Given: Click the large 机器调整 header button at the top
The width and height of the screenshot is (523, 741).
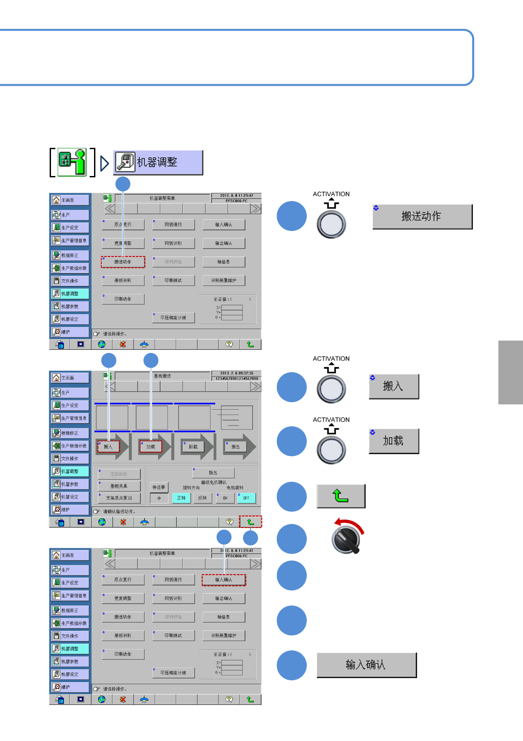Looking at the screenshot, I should tap(158, 163).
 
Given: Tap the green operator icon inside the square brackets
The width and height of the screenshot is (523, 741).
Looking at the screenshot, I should tap(73, 162).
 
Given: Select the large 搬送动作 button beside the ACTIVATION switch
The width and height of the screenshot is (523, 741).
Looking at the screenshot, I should tap(422, 216).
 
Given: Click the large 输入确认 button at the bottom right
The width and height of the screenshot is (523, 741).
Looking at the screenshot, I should tap(367, 665).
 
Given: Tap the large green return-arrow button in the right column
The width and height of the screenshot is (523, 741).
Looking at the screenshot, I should tap(341, 496).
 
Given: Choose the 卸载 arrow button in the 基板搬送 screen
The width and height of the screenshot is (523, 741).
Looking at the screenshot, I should tap(193, 447).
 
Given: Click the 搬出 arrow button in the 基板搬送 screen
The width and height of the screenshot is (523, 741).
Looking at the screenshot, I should tap(236, 447).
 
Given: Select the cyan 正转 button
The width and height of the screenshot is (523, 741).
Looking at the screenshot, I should tap(181, 498).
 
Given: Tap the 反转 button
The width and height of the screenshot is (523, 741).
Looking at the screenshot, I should tap(202, 498).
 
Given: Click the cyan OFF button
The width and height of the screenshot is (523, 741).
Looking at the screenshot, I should tap(246, 498).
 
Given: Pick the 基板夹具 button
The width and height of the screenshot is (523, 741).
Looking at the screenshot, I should tap(119, 486).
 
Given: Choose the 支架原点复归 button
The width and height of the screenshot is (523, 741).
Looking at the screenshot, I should tap(119, 498).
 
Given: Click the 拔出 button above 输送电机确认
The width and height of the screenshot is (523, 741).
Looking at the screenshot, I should tap(213, 473).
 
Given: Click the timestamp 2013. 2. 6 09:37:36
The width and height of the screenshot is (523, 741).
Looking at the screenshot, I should tap(236, 373).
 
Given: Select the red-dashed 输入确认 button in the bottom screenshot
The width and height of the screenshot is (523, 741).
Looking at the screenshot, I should tap(224, 580).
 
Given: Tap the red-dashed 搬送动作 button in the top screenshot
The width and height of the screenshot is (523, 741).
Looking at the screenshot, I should tap(123, 262).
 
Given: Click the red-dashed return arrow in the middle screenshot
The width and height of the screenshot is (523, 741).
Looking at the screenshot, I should tap(251, 522).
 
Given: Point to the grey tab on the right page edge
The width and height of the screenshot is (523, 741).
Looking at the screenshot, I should tap(511, 372).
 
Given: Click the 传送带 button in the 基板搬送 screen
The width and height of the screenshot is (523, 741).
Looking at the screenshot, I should tap(159, 487).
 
